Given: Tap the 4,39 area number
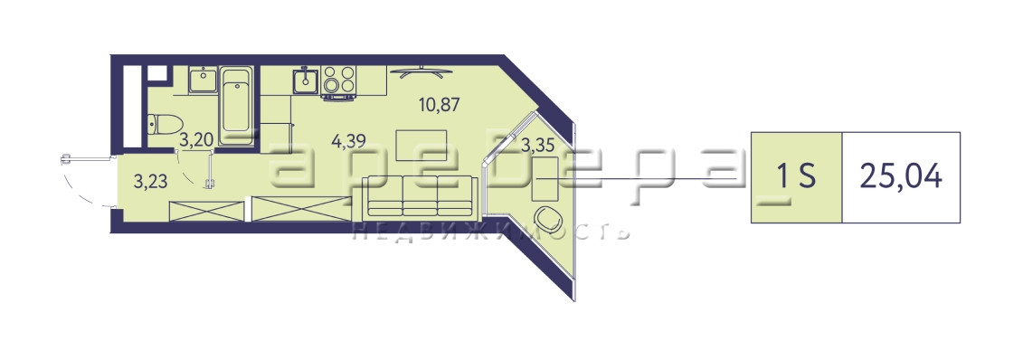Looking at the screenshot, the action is [348, 141].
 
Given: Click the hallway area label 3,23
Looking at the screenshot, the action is [150, 181].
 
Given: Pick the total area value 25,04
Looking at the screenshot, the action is [901, 176].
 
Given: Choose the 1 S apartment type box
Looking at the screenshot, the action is [797, 177].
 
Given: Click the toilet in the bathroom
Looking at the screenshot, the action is [165, 123].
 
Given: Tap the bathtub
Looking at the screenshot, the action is [235, 106].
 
